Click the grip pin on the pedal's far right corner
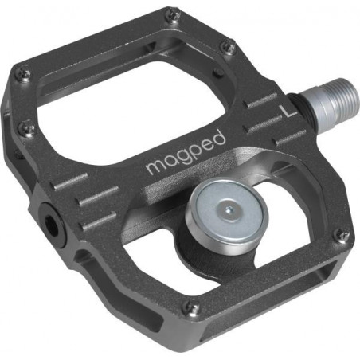coord(342,235)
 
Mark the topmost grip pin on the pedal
coord(170,14)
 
